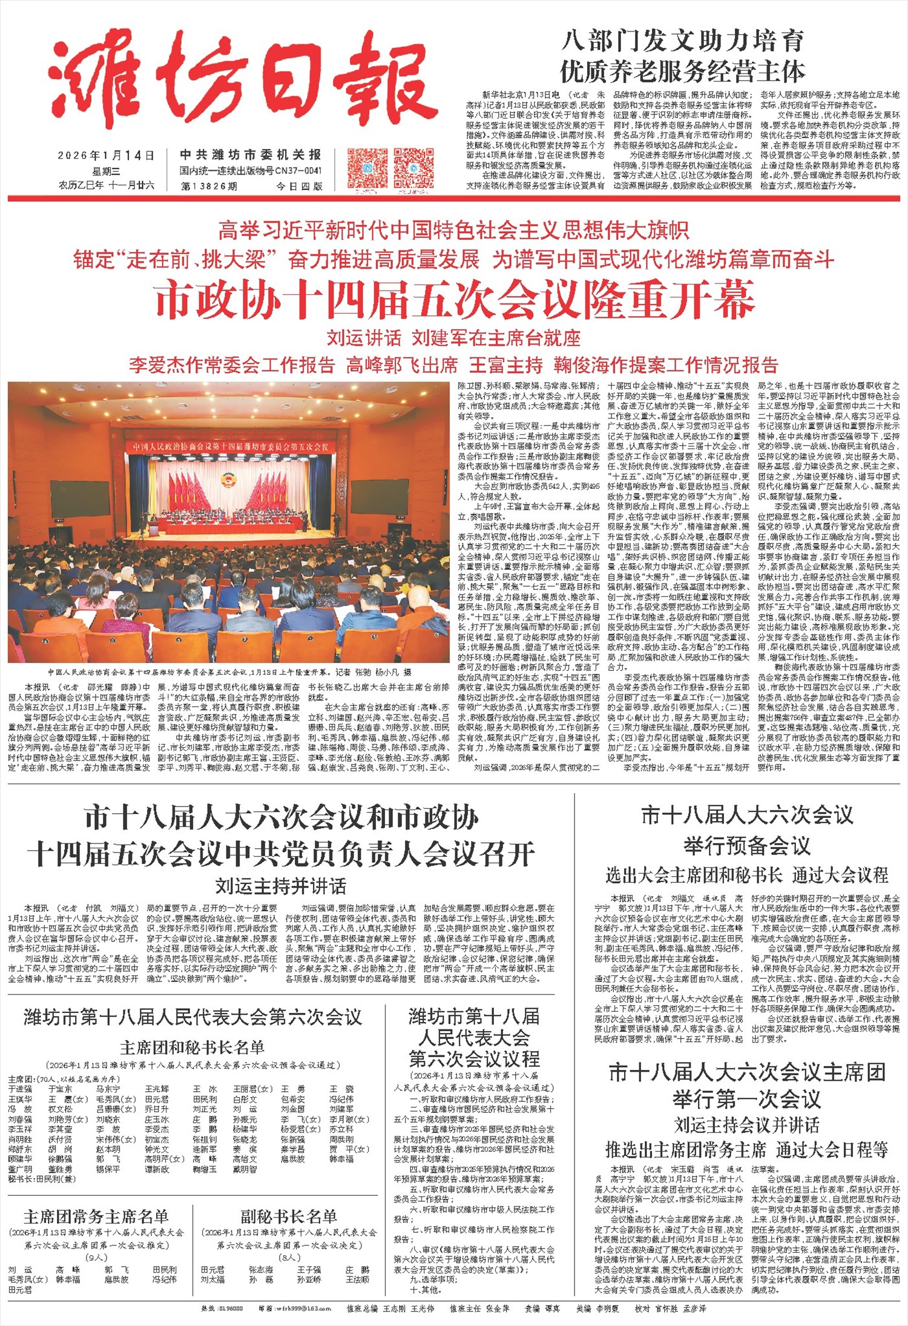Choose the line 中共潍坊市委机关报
click(251, 155)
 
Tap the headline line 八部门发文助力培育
click(682, 41)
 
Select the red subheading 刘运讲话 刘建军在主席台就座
click(453, 338)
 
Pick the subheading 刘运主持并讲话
click(281, 886)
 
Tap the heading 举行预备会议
click(746, 845)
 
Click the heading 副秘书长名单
click(288, 1216)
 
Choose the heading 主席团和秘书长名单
click(192, 1047)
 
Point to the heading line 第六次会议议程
click(474, 1058)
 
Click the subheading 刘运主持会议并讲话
click(746, 1125)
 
